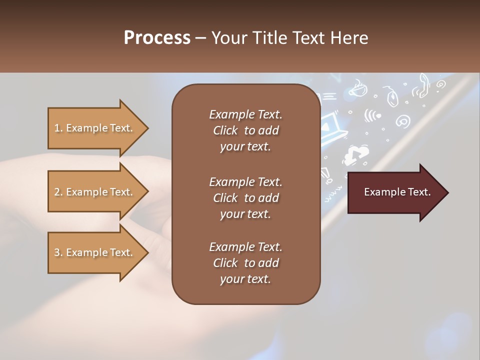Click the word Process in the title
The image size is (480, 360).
point(157,38)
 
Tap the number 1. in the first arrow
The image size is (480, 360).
point(58,128)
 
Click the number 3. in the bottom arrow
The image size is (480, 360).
point(58,252)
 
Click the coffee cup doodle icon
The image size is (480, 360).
point(357,89)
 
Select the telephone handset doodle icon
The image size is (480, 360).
point(421,85)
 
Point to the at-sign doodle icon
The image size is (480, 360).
point(402,120)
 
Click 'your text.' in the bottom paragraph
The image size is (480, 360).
point(245,279)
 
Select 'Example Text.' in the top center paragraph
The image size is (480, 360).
point(245,114)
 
